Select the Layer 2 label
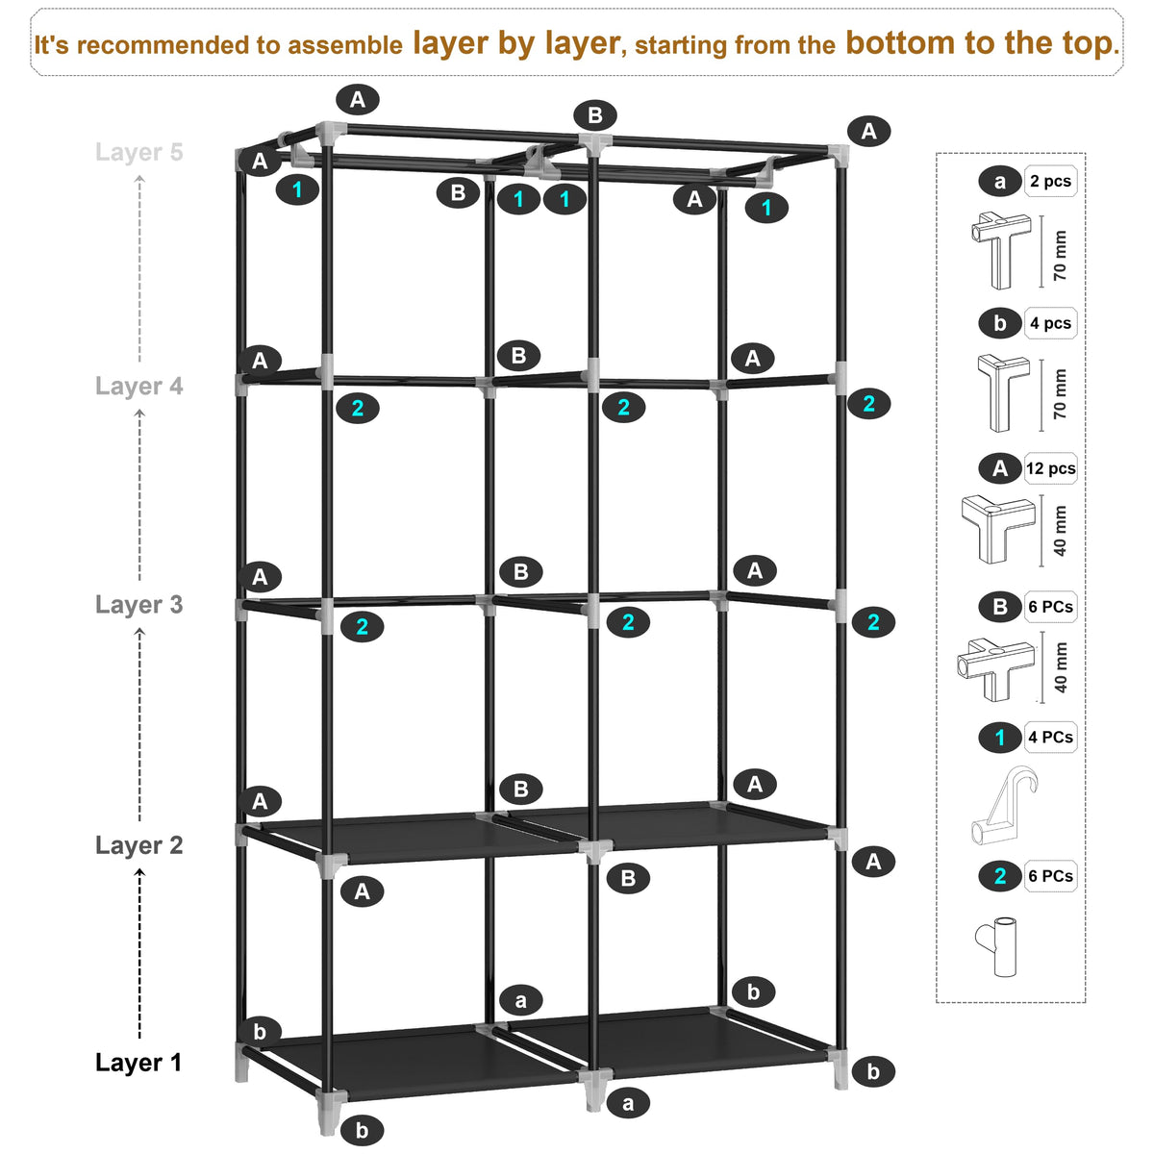tap(138, 845)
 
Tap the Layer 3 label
tap(138, 604)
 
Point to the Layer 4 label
tap(138, 387)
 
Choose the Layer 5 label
tap(138, 152)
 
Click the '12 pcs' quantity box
tap(1051, 468)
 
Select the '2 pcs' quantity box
tap(1051, 181)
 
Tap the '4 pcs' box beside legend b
tap(1051, 323)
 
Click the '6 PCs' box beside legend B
tap(1051, 607)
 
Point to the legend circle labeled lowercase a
tap(1000, 182)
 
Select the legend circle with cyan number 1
tap(1000, 738)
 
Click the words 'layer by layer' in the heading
tap(516, 43)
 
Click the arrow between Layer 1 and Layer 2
tap(140, 955)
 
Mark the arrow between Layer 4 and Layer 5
tap(140, 269)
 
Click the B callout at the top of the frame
tap(595, 115)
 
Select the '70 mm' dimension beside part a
tap(1060, 255)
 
